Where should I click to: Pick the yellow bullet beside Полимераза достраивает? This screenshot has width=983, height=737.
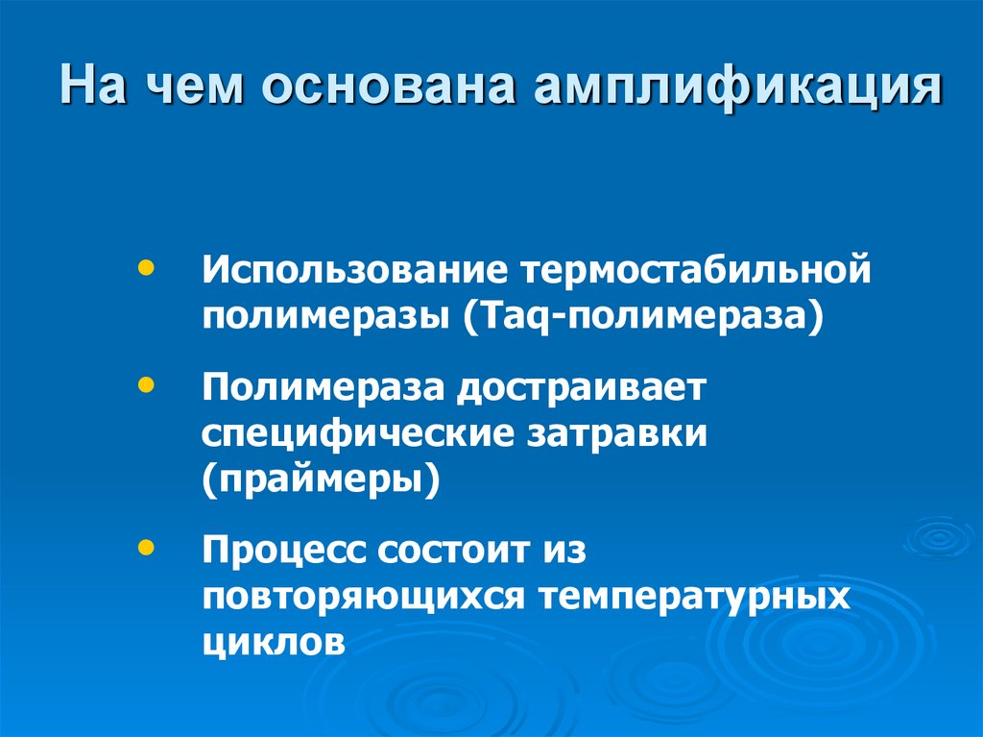click(x=145, y=384)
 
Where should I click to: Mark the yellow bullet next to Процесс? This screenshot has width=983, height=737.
click(x=145, y=547)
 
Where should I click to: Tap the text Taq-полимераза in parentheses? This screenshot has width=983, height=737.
click(x=643, y=314)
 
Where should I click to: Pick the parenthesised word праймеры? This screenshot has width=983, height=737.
click(x=322, y=478)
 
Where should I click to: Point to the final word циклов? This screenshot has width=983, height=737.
click(x=273, y=641)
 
